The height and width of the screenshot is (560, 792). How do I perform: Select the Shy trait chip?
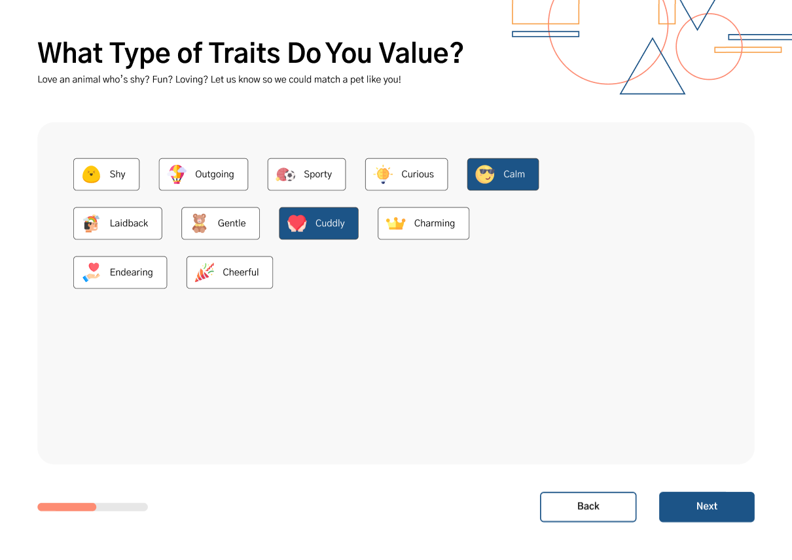107,174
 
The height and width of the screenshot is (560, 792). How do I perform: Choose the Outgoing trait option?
204,174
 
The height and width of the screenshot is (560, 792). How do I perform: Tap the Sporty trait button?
306,174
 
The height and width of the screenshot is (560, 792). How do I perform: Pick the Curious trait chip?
406,174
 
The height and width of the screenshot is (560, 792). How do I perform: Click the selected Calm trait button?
503,174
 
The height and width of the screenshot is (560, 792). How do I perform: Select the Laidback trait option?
118,223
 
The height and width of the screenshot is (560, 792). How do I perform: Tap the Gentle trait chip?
221,223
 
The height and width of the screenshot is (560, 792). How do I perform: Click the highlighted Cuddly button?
319,223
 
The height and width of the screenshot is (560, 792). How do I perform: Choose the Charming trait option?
423,223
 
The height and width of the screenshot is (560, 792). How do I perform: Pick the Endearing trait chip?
120,272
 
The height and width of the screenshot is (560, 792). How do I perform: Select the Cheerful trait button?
230,272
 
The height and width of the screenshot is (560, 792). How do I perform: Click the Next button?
706,506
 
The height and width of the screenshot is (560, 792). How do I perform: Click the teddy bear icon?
199,223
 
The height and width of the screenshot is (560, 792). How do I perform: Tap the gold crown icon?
395,224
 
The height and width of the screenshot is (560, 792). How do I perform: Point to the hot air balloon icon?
177,174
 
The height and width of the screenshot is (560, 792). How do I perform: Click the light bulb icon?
383,174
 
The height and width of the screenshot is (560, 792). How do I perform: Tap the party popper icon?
204,272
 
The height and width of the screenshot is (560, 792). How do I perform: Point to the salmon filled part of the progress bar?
67,507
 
